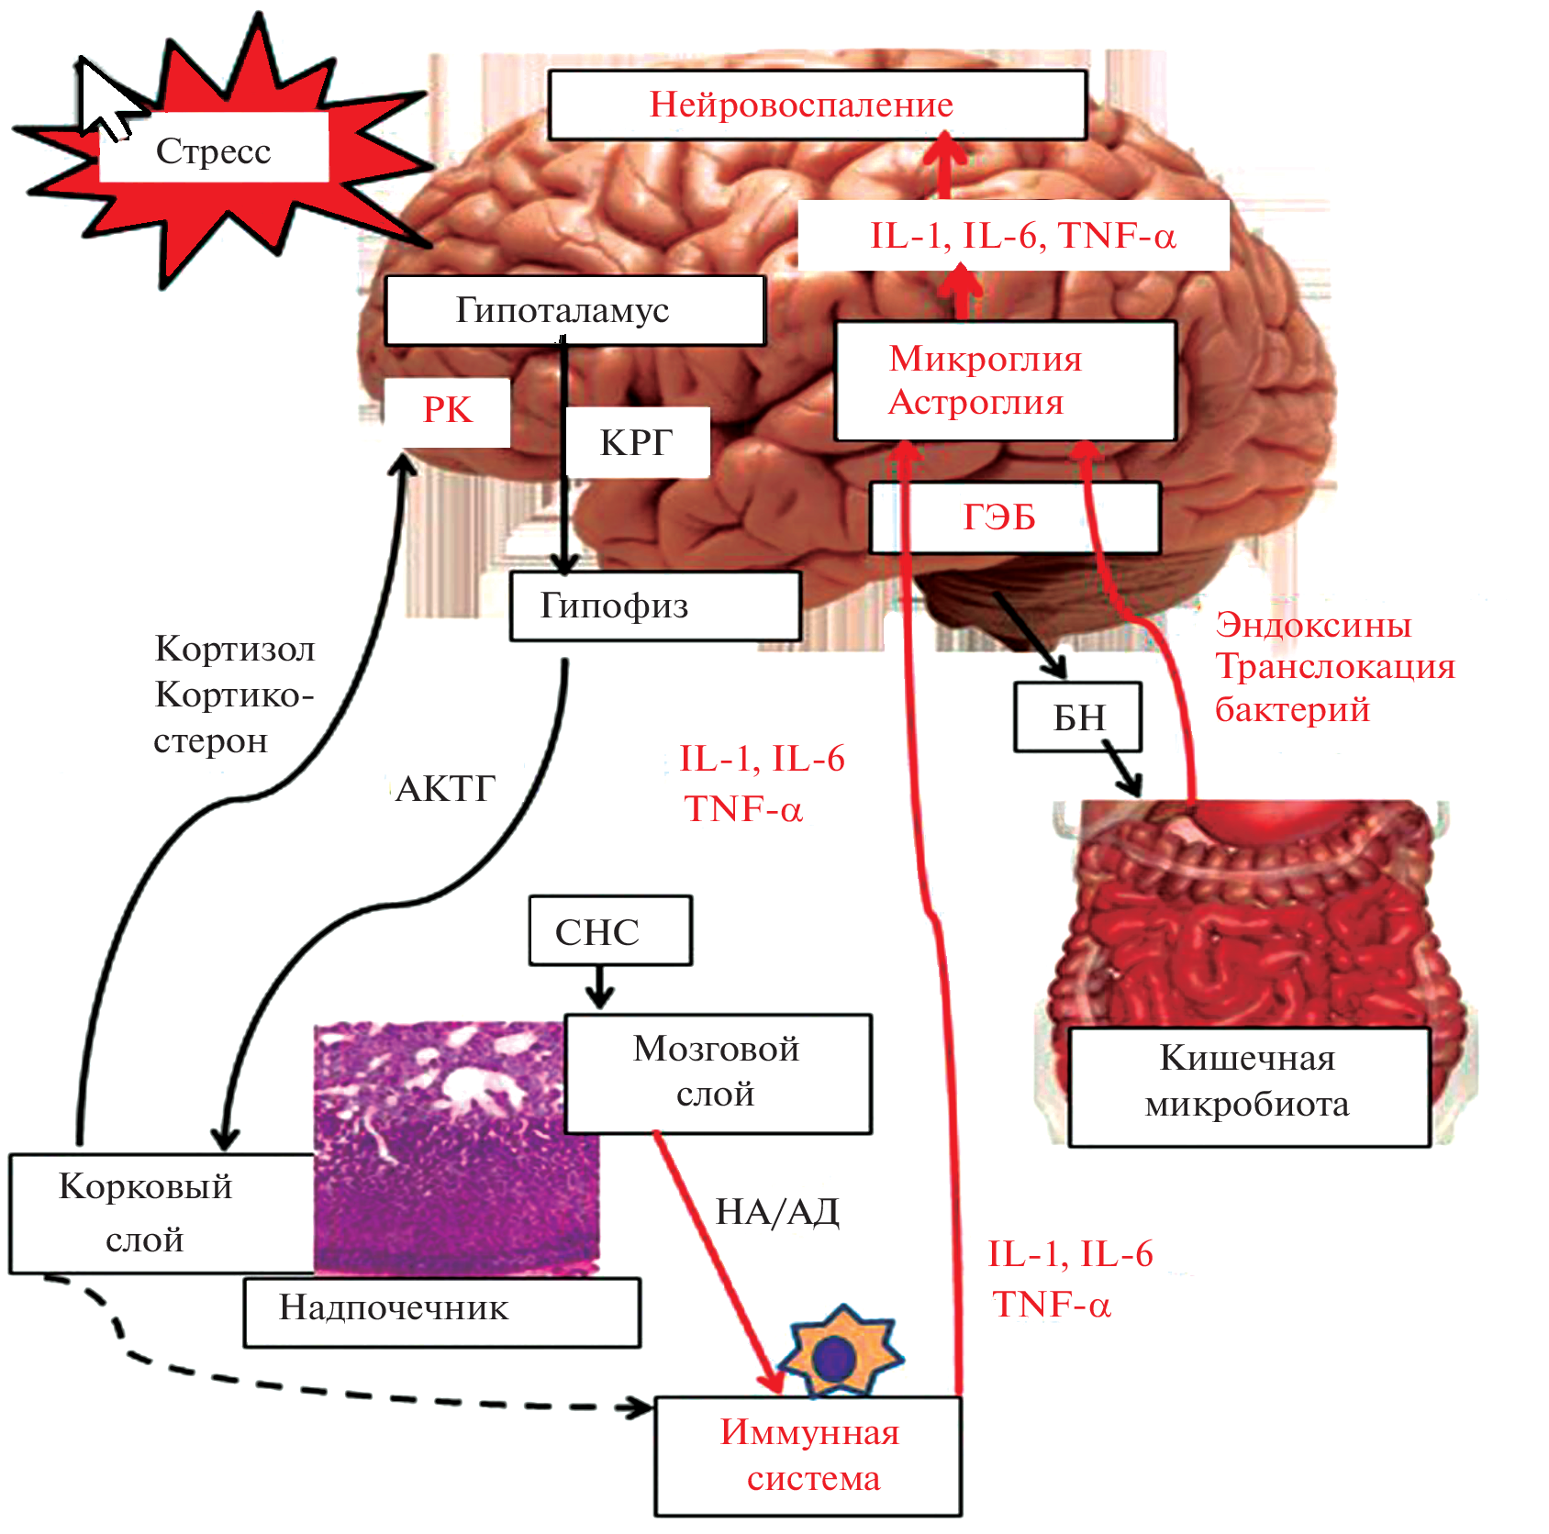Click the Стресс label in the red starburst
(x=213, y=150)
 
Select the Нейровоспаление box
(x=817, y=105)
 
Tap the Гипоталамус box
(x=574, y=310)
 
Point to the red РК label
(x=447, y=410)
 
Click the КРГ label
(x=637, y=442)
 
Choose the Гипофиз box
(x=655, y=606)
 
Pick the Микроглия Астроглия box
(x=1005, y=381)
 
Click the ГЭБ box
(x=1014, y=517)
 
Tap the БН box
(x=1077, y=717)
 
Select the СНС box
(x=609, y=931)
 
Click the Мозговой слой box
(x=718, y=1073)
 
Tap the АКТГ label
(x=446, y=788)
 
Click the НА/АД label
(x=777, y=1212)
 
